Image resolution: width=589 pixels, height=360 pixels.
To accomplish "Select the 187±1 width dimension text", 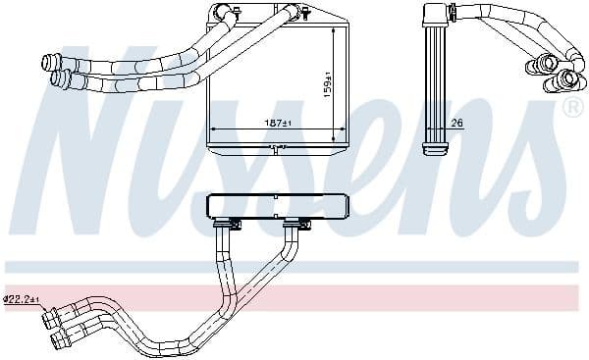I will point(276,124).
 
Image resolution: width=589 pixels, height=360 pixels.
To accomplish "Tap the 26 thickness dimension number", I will point(457,124).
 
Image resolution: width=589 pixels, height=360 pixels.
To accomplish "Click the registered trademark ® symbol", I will point(569,106).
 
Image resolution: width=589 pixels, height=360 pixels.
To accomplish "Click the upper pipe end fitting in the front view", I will point(48,63).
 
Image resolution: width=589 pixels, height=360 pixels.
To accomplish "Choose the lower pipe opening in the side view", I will point(566,78).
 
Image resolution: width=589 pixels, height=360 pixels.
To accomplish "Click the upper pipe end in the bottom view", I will point(49,316).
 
